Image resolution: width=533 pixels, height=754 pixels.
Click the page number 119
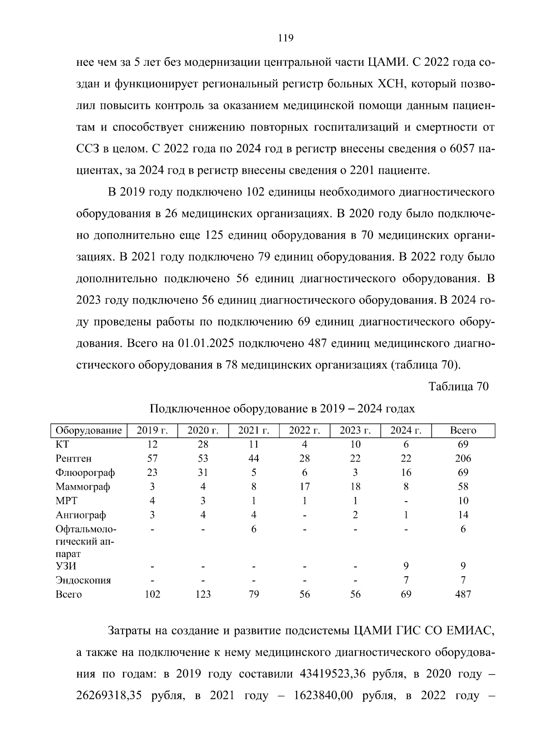[286, 38]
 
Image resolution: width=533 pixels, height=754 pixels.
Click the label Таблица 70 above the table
[458, 387]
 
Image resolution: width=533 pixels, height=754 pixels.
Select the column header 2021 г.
[254, 430]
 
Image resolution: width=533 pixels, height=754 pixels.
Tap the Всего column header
[463, 430]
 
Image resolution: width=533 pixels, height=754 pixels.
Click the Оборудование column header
[88, 430]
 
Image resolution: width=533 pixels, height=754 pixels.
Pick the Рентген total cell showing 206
[463, 458]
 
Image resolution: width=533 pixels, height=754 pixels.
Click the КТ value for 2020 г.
[203, 444]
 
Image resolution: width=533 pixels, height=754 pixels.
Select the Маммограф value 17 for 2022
[304, 487]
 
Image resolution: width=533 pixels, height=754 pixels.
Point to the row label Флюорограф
[85, 472]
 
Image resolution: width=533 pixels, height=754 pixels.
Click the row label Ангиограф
[80, 515]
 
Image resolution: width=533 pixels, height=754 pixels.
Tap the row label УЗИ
[66, 566]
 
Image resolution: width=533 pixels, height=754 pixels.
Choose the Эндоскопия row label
[83, 580]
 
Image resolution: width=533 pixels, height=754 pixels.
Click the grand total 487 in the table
[463, 594]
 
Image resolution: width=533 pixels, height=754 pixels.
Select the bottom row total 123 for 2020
[203, 594]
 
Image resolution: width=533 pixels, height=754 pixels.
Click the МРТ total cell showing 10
[463, 501]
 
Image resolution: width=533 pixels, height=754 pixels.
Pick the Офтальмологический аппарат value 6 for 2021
[254, 529]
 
